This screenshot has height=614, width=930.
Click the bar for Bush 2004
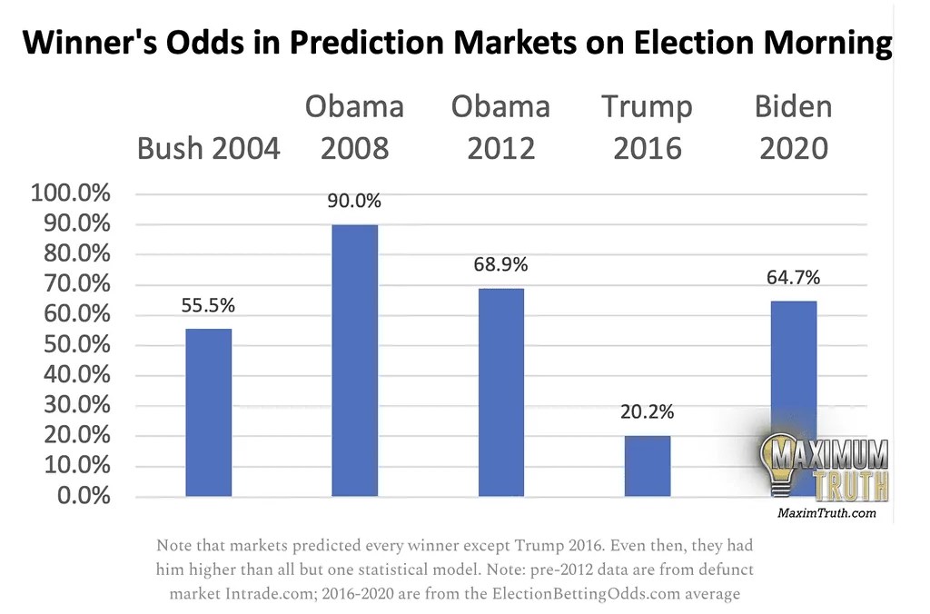click(208, 412)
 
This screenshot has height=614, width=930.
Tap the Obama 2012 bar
click(500, 392)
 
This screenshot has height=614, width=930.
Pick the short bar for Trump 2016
click(648, 466)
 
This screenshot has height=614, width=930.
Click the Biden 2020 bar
click(793, 399)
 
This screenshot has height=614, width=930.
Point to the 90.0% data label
click(354, 202)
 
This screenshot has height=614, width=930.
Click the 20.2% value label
click(648, 412)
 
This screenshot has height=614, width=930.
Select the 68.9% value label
click(500, 266)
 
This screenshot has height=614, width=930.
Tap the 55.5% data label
click(208, 307)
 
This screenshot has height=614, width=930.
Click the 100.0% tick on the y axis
click(70, 194)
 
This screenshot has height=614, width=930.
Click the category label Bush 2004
click(208, 147)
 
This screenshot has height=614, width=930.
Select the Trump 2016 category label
click(648, 127)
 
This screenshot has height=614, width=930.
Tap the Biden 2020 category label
click(793, 127)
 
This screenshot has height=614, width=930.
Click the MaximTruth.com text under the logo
click(826, 514)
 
